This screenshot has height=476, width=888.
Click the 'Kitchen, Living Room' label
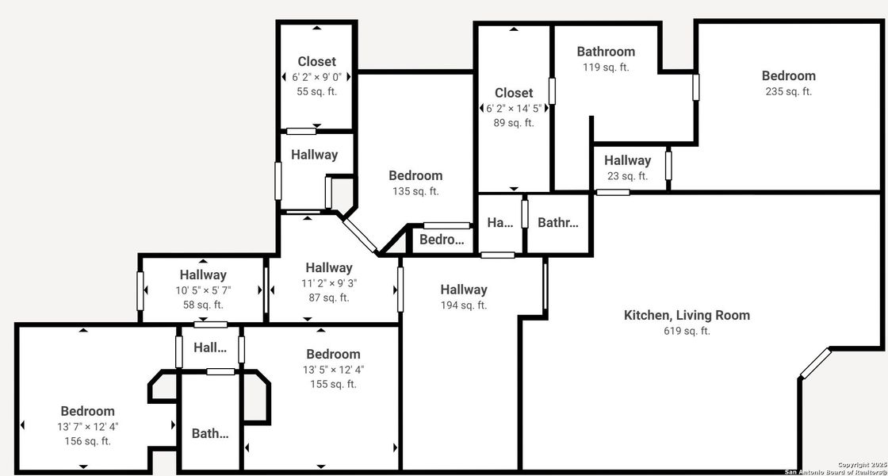[x=687, y=315]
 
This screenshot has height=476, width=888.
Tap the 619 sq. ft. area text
[x=687, y=331]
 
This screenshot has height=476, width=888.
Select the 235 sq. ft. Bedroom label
[x=788, y=76]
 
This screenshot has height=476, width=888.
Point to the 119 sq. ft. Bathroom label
[x=606, y=52]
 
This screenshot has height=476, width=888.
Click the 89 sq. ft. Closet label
[x=514, y=93]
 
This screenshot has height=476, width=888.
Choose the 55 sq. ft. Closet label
[x=316, y=62]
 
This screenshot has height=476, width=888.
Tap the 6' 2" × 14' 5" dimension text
[x=514, y=108]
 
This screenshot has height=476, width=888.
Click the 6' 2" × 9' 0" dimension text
[x=316, y=77]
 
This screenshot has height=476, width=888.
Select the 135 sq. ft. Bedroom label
[x=415, y=175]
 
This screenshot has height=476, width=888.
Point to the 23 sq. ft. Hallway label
[x=627, y=160]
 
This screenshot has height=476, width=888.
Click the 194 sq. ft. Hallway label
[x=464, y=290]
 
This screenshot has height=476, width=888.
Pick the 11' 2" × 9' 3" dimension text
[x=328, y=283]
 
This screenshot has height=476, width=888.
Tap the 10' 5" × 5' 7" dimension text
[x=203, y=290]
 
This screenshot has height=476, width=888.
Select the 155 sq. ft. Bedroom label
[x=333, y=354]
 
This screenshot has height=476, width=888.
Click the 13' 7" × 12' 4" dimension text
[x=87, y=426]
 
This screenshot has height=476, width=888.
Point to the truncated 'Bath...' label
[x=210, y=433]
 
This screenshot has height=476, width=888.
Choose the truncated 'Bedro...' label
[x=441, y=240]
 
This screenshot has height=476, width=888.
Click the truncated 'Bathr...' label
[x=558, y=222]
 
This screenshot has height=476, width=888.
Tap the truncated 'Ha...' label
[x=500, y=222]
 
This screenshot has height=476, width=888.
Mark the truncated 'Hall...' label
[x=210, y=347]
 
